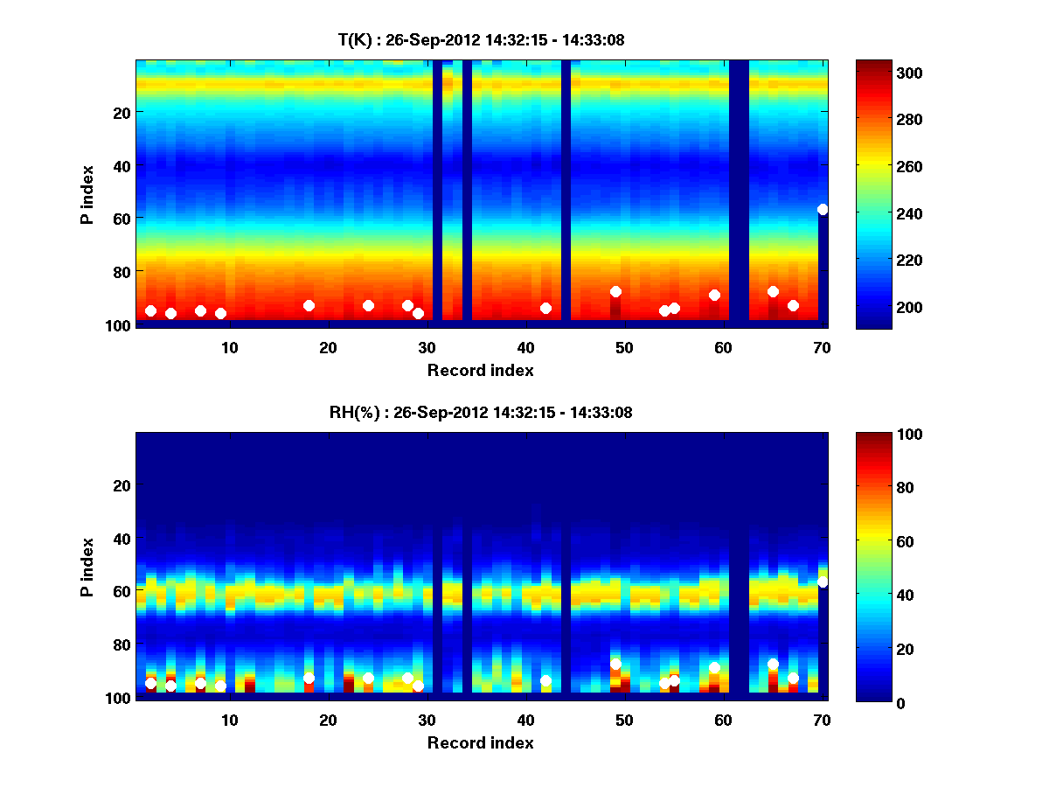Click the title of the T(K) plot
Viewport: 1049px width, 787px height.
[481, 40]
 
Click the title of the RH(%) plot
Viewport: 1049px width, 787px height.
[481, 413]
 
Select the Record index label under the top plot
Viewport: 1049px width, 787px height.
[481, 370]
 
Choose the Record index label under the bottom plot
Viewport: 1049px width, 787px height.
[481, 742]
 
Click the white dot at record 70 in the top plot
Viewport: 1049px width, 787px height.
[823, 209]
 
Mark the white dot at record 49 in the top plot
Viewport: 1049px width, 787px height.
[615, 291]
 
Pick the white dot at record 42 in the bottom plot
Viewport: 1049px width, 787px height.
[545, 680]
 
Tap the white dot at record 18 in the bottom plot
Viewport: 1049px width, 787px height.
[309, 678]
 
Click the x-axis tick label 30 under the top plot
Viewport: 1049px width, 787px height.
[427, 347]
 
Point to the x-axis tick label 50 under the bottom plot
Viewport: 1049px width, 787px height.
[624, 720]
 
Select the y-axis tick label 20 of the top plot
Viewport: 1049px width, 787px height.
[121, 113]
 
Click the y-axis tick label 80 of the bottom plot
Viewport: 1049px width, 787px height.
[121, 645]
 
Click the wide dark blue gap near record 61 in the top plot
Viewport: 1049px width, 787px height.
[739, 192]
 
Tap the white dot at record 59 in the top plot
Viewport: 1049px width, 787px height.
[714, 295]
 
